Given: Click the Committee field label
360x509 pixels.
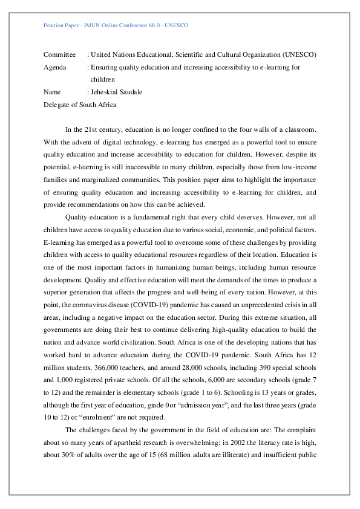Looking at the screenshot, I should point(59,55).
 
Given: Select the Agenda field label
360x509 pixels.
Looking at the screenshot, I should point(54,68).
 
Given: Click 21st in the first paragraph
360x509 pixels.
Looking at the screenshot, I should point(89,130).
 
